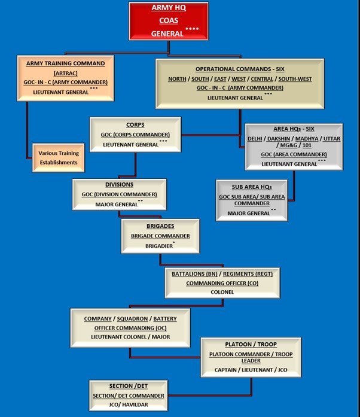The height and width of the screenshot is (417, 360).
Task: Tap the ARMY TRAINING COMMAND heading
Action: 66,63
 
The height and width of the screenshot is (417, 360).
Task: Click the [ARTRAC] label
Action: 66,72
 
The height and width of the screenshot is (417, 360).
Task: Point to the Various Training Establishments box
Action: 58,158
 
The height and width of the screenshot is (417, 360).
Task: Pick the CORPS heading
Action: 136,125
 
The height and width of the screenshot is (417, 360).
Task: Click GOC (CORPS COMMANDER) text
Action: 136,135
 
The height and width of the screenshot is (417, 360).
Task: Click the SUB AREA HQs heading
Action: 252,187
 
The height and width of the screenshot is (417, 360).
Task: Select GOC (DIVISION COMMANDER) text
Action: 120,194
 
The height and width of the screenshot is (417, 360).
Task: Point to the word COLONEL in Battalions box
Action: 222,292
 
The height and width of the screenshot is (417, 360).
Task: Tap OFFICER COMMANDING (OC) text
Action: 130,328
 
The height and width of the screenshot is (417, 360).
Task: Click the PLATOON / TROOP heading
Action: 251,345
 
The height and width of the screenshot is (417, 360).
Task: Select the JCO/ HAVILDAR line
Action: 128,405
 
